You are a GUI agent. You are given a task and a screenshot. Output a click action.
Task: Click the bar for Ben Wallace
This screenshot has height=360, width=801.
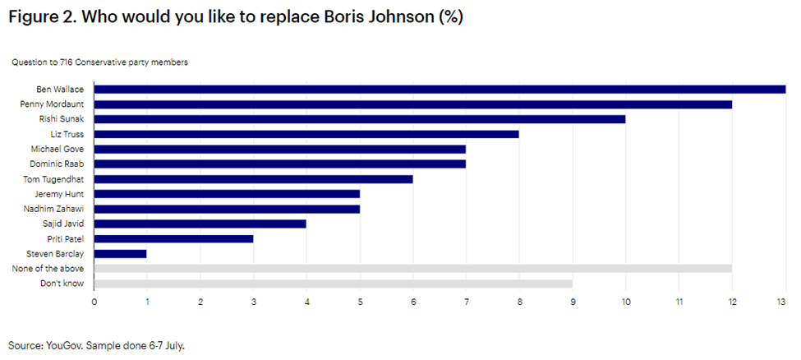(x=440, y=90)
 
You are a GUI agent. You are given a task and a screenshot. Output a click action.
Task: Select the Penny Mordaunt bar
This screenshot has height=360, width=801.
(x=413, y=104)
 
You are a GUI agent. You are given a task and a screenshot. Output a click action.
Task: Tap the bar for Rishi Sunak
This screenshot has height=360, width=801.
(x=360, y=119)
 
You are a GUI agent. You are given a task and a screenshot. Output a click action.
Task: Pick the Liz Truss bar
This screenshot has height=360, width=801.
(x=306, y=134)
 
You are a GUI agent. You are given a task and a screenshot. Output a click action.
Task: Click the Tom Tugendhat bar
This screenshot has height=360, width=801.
(x=253, y=179)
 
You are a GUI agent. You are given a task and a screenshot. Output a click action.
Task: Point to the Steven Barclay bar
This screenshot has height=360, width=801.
(x=120, y=254)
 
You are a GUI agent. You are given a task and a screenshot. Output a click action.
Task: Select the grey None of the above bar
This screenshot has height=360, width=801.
(x=413, y=269)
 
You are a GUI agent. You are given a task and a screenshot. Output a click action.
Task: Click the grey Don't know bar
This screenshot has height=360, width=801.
(x=333, y=284)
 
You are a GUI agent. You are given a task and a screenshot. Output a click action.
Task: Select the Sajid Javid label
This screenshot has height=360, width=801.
(x=68, y=224)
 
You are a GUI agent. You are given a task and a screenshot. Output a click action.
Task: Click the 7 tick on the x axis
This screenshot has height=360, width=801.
(x=466, y=302)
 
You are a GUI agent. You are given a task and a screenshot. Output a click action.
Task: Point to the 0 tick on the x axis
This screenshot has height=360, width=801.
(x=94, y=302)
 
